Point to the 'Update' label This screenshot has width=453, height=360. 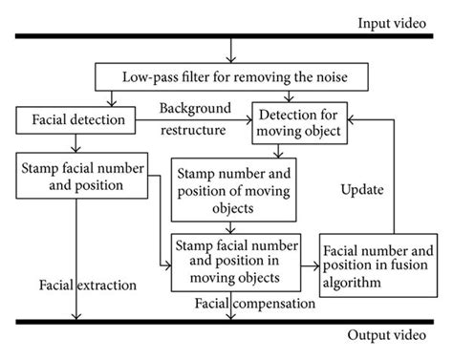tap(363, 190)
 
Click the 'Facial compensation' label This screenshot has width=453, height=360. tap(255, 304)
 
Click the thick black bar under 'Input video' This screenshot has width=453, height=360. tap(226, 37)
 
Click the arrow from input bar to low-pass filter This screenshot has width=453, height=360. tap(229, 51)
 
